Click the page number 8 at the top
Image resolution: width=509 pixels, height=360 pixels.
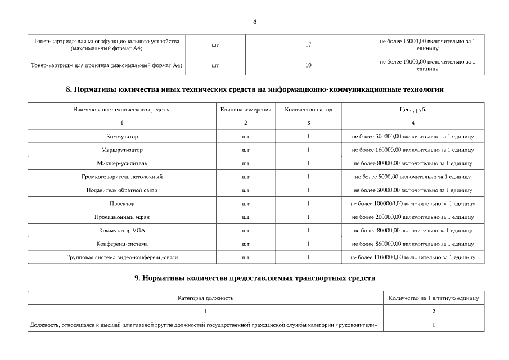point(255,21)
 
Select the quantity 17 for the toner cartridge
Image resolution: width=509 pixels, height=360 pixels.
point(308,45)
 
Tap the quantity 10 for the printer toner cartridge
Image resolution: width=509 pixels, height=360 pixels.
point(308,65)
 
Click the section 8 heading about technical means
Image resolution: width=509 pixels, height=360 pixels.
point(255,89)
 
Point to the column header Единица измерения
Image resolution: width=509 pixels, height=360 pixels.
point(245,110)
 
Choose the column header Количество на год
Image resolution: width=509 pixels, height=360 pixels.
point(308,110)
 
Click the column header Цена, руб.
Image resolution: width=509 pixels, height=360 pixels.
point(412,110)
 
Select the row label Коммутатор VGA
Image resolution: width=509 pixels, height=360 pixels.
point(122,231)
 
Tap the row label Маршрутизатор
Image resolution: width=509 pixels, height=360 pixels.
point(122,150)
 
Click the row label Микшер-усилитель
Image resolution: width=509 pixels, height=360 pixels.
point(122,164)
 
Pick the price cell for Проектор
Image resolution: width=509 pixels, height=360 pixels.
point(412,204)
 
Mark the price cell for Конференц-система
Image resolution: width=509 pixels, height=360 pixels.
point(412,244)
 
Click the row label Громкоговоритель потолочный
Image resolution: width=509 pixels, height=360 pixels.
point(122,177)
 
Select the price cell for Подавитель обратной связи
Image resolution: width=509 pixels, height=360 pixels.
point(412,190)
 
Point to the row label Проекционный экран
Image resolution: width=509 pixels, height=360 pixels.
point(122,217)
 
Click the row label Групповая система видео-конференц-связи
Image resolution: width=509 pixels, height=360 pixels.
point(122,258)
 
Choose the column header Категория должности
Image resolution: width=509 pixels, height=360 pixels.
point(205,298)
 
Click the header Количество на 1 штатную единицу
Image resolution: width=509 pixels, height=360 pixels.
point(433,298)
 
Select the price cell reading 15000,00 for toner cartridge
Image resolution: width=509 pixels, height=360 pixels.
point(427,45)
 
